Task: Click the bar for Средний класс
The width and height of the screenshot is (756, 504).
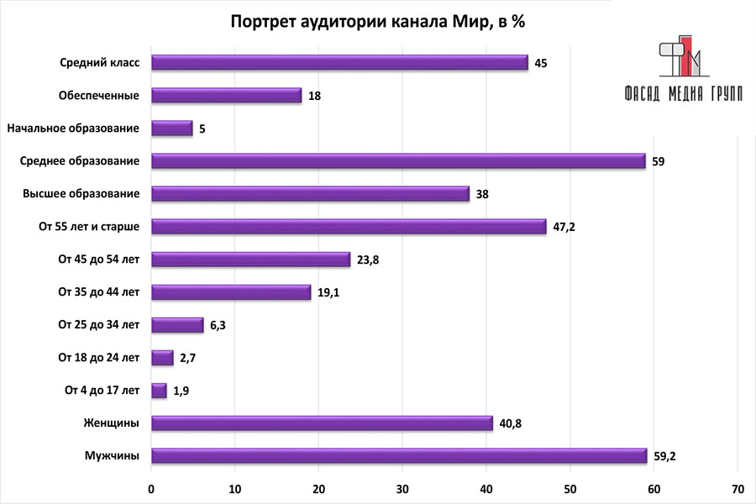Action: (x=339, y=63)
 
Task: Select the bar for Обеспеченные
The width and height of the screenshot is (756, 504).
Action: (x=226, y=96)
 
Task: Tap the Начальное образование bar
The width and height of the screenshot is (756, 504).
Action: (x=171, y=129)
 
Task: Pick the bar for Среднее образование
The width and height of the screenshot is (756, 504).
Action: (x=398, y=161)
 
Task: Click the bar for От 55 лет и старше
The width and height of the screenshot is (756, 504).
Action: (x=349, y=227)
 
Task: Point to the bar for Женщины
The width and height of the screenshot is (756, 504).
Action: (x=322, y=423)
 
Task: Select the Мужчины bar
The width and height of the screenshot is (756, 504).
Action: (x=399, y=456)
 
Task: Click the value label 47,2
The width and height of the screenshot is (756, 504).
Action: (x=564, y=228)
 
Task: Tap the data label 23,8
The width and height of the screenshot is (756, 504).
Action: (x=368, y=260)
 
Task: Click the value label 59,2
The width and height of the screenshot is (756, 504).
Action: (x=664, y=457)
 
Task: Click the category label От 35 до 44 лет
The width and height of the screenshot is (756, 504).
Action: (x=98, y=292)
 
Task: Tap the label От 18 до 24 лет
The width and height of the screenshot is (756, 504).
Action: (x=98, y=358)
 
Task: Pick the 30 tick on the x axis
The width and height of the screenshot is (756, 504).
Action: (x=402, y=489)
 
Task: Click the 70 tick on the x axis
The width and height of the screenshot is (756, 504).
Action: (x=738, y=489)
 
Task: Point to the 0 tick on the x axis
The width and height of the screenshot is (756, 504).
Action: (x=151, y=489)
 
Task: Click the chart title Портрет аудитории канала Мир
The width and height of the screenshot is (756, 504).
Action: (x=378, y=23)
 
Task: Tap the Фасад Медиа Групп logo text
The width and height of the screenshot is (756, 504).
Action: (x=684, y=93)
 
